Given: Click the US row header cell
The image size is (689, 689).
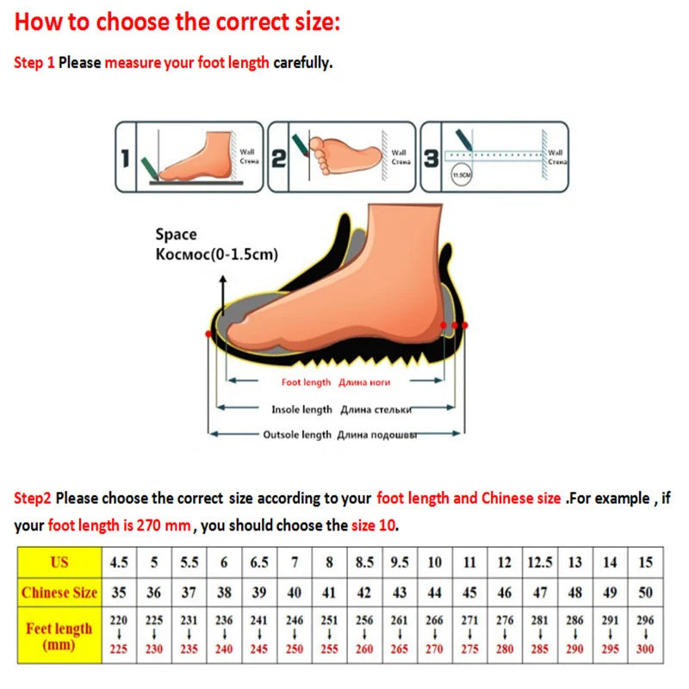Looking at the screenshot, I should pyautogui.click(x=59, y=562).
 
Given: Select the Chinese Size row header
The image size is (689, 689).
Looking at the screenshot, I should pyautogui.click(x=59, y=593).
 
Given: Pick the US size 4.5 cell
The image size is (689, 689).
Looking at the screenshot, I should pyautogui.click(x=119, y=562).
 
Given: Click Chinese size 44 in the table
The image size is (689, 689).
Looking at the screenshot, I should pyautogui.click(x=434, y=593).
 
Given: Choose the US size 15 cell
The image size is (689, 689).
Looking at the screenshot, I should pyautogui.click(x=645, y=562).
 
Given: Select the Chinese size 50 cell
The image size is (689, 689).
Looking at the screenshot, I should pyautogui.click(x=645, y=593).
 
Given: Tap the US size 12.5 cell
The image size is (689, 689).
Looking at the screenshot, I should pyautogui.click(x=540, y=562).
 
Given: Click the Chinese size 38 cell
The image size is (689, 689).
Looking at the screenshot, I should pyautogui.click(x=224, y=593).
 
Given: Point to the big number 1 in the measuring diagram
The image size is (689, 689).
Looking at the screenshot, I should pyautogui.click(x=125, y=158).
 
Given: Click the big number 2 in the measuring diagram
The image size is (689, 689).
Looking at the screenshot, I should pyautogui.click(x=278, y=158).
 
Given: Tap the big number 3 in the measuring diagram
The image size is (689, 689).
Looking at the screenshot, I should pyautogui.click(x=431, y=158).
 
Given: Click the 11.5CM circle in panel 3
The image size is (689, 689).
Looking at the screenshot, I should pyautogui.click(x=461, y=175).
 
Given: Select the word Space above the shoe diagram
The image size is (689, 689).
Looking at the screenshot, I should pyautogui.click(x=176, y=234).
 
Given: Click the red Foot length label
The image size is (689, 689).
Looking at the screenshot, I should pyautogui.click(x=306, y=382).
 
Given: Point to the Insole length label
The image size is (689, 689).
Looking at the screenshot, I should pyautogui.click(x=301, y=409).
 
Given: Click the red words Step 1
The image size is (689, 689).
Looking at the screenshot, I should pyautogui.click(x=34, y=63).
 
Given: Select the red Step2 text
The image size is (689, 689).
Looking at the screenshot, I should pyautogui.click(x=33, y=498).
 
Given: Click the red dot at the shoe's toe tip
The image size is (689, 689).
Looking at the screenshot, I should pyautogui.click(x=208, y=332).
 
